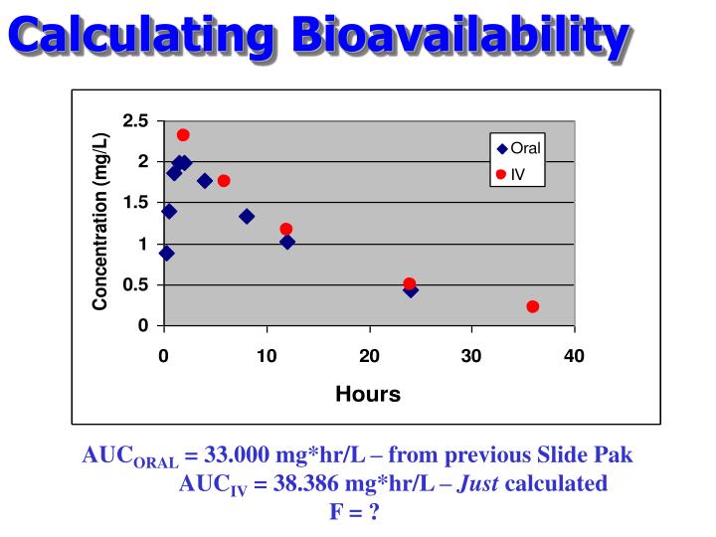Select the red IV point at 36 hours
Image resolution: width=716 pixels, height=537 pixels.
pos(533,306)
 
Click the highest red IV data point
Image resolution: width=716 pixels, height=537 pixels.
pos(183,135)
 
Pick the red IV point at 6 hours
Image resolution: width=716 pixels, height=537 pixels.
pos(224,180)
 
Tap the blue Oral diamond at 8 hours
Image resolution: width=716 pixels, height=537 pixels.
pos(247,216)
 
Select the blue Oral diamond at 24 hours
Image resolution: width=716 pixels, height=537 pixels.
pos(411,289)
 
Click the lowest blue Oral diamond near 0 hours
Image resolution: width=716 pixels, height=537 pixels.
pos(166,253)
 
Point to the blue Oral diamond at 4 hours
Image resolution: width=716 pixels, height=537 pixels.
pos(205,180)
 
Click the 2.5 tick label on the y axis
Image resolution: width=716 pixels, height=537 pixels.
pos(136,121)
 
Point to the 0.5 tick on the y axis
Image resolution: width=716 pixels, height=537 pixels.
pos(136,285)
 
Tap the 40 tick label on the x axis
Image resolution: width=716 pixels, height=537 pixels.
pos(574,356)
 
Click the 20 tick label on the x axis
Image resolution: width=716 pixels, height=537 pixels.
pos(370,356)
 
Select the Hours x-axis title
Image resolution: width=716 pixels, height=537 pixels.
pos(368,394)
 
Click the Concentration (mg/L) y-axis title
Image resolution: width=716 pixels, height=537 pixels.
pos(100,224)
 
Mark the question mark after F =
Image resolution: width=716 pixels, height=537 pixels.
pos(376,512)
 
